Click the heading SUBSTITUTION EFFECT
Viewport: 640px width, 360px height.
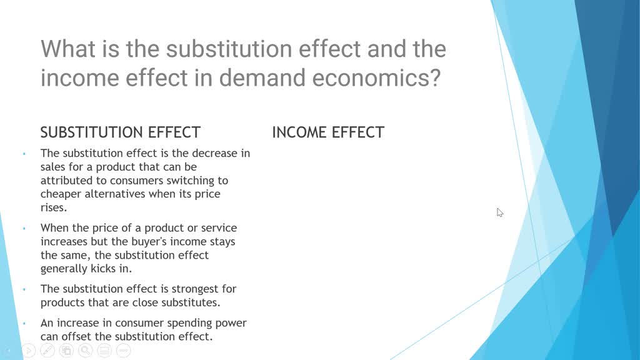click(x=120, y=132)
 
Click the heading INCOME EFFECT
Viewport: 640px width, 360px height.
click(x=327, y=132)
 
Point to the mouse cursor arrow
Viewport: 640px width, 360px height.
click(x=499, y=212)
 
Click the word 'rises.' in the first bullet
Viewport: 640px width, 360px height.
click(x=53, y=207)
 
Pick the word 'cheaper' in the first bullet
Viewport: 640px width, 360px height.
click(x=61, y=194)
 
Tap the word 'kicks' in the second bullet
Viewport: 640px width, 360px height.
click(x=104, y=269)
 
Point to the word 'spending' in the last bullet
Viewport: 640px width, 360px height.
click(x=187, y=323)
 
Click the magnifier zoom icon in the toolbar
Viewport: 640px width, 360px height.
click(x=85, y=351)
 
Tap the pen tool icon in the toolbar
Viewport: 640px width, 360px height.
click(x=47, y=351)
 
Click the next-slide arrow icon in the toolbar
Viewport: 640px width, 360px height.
click(x=29, y=351)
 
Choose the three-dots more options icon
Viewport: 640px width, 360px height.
click(x=123, y=351)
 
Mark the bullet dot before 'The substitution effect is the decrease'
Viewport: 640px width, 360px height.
click(x=24, y=154)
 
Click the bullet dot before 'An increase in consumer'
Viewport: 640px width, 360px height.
click(x=24, y=324)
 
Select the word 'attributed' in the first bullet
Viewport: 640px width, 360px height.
click(x=66, y=180)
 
